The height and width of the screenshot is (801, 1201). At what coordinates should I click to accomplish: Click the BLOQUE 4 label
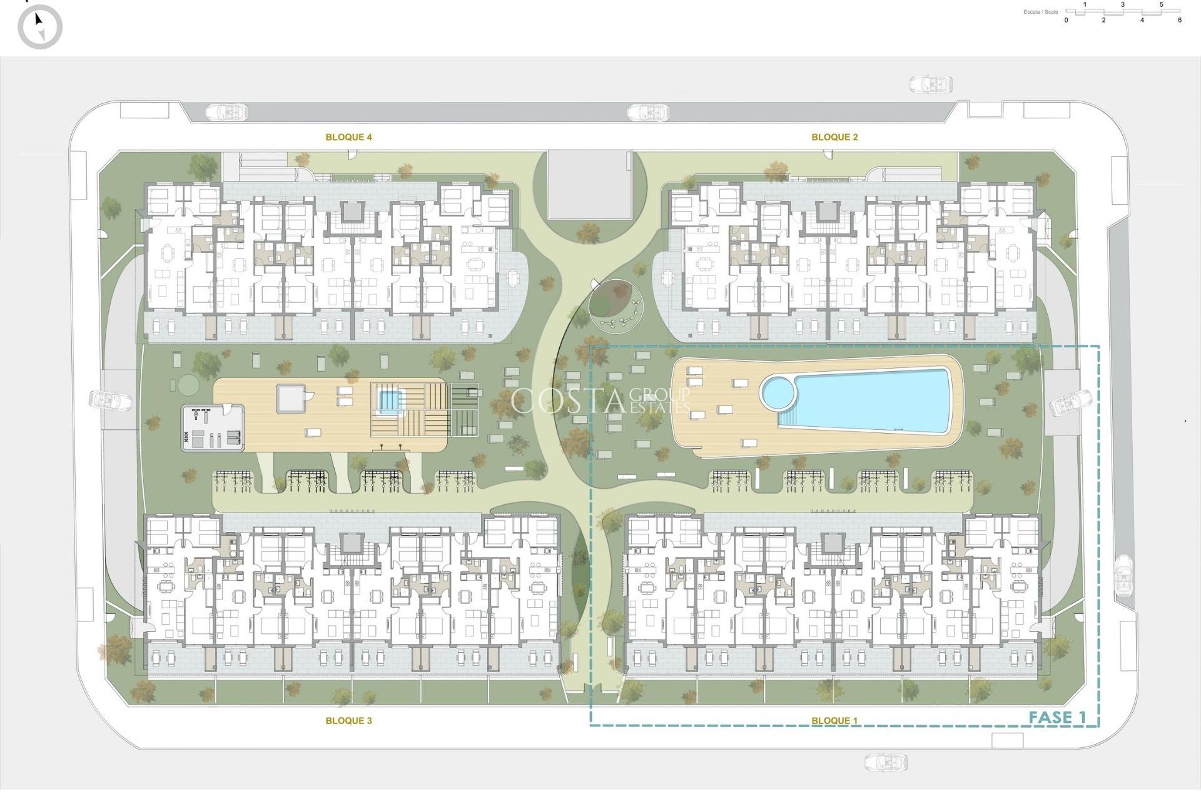click(x=348, y=137)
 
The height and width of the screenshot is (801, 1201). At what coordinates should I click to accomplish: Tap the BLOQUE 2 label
click(x=834, y=137)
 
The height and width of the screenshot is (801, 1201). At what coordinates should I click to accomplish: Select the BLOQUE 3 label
click(x=348, y=720)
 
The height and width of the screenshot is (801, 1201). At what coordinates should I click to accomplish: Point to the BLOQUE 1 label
click(x=834, y=720)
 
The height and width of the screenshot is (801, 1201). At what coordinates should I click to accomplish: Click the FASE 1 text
click(x=1057, y=717)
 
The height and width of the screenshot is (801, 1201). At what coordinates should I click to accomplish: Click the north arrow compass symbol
click(x=40, y=26)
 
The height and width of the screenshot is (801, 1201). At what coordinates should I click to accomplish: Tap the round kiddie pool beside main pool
click(x=778, y=392)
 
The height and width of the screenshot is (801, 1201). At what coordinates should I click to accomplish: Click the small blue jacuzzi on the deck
click(x=389, y=400)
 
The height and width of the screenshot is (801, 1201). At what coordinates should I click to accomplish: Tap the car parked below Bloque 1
click(x=886, y=762)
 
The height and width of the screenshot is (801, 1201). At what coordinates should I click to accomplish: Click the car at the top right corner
click(x=931, y=84)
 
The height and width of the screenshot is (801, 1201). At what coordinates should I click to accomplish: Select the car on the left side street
click(x=111, y=400)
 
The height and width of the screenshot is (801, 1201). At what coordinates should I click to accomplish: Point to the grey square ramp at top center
click(x=589, y=184)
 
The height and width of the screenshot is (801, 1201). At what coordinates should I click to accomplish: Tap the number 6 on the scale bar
click(x=1180, y=20)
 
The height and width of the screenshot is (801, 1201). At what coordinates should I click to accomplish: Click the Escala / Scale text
click(x=1041, y=12)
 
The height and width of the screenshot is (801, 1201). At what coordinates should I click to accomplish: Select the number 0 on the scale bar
click(x=1067, y=20)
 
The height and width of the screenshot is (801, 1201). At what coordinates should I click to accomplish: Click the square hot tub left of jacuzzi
click(x=290, y=398)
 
